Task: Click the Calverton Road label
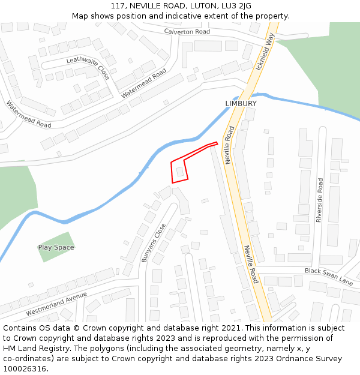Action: click(187, 31)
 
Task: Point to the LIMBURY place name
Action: click(241, 103)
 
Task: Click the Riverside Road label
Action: click(319, 200)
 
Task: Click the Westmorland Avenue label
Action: click(56, 304)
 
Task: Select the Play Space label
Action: click(56, 247)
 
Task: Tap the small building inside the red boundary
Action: click(179, 172)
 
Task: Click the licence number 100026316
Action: click(25, 368)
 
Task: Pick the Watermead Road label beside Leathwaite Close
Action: click(143, 83)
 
